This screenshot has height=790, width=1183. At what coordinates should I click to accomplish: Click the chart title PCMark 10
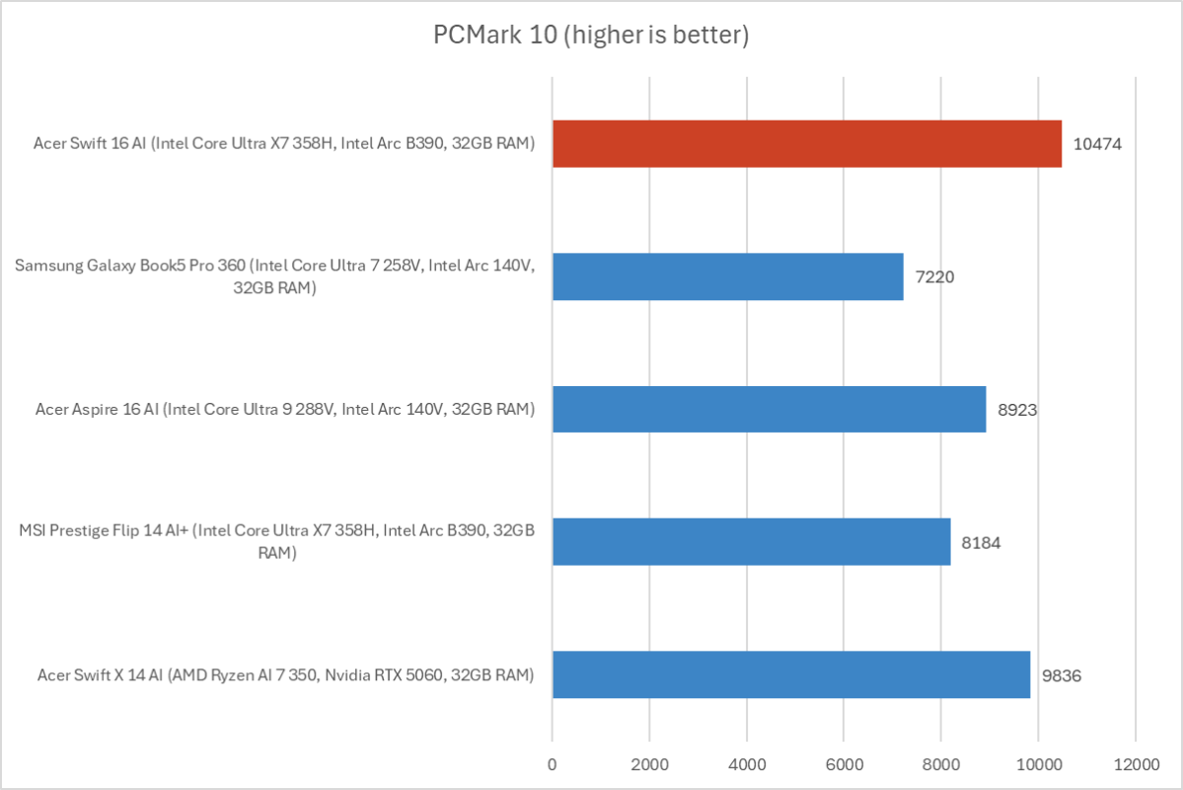coord(591,37)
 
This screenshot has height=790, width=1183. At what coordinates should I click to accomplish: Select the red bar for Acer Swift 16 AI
coord(806,144)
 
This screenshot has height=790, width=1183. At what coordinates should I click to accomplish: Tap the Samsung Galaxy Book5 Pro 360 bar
coord(727,276)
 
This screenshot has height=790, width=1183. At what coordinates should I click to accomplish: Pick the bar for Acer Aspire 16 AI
coord(769,409)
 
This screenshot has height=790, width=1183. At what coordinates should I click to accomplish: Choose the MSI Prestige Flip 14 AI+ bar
coord(751,541)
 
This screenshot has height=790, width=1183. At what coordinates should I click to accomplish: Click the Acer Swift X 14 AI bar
coord(790,674)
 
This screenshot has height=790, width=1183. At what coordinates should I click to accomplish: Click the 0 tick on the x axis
coord(552,763)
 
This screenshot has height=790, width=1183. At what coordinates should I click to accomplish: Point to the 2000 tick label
coord(649,763)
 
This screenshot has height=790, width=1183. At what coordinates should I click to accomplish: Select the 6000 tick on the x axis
coord(844,763)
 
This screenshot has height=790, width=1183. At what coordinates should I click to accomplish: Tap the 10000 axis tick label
coord(1038,763)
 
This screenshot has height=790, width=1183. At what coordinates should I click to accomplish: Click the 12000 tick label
coord(1135,763)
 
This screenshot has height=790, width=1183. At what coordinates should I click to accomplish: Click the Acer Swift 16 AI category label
coord(284,144)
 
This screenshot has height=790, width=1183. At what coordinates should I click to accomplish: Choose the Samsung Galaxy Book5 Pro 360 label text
coord(275,276)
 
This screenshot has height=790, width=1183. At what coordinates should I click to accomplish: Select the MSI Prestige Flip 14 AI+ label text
coord(277,542)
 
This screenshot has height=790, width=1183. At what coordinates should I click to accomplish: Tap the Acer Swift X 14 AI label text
coord(285,674)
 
